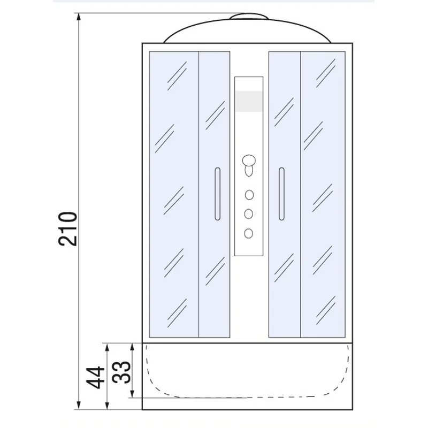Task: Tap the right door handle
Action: coord(281,194)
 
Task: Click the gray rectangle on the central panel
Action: coord(249,102)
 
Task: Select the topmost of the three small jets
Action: coord(249,195)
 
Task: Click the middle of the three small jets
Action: coord(249,213)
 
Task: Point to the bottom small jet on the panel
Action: coord(249,233)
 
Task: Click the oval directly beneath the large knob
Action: coord(249,171)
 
